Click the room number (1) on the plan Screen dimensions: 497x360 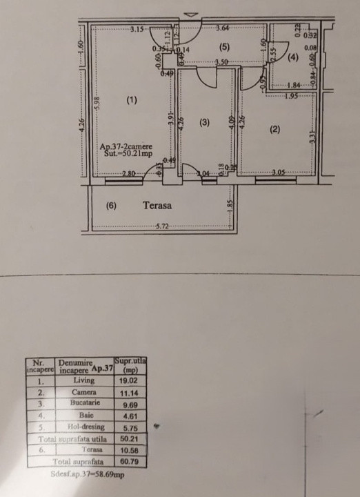coord(132,101)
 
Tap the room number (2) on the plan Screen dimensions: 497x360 coord(275,129)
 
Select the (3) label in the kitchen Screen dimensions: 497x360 coord(204,122)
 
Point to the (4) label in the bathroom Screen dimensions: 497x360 coord(293,58)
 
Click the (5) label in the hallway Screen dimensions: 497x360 coord(223,47)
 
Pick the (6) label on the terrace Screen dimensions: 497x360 coord(110,205)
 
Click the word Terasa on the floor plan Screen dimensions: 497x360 coord(157,205)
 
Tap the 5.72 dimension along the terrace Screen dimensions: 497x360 coord(163,226)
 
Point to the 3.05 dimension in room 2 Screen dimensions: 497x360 coord(279,173)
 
